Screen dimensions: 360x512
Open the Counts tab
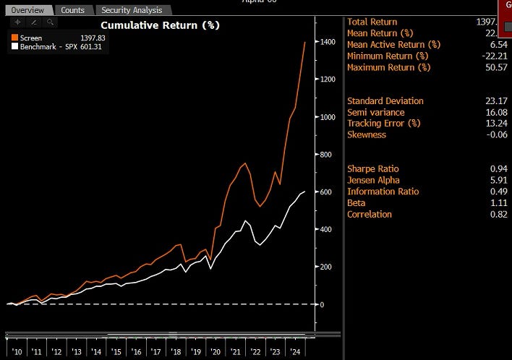(x=72, y=10)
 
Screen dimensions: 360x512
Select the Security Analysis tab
(x=132, y=10)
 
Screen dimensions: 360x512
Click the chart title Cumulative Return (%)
(x=159, y=25)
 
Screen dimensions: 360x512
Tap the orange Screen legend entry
(x=32, y=37)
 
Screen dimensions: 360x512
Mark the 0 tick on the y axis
(x=323, y=304)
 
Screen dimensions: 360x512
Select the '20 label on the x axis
(x=215, y=352)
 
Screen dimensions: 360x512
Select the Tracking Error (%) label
(x=383, y=124)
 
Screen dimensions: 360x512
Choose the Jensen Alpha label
(x=373, y=180)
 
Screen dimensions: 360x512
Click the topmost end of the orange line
(x=304, y=42)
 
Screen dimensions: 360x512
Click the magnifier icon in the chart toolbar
(x=49, y=22)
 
